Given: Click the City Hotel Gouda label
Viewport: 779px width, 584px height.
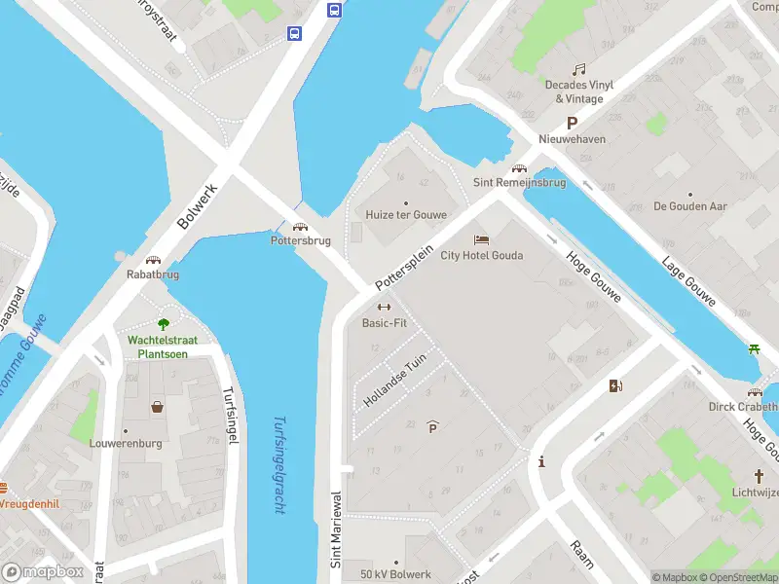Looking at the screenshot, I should coord(482,256).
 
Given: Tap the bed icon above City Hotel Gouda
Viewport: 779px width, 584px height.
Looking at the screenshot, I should coord(480,239).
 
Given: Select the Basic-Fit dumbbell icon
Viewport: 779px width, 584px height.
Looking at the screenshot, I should coord(384,308).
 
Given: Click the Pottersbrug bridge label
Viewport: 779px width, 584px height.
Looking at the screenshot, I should coord(301,240).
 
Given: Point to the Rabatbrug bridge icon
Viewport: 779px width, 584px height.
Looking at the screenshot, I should coord(153,261).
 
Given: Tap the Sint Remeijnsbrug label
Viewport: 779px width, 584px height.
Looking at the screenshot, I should coord(519,183).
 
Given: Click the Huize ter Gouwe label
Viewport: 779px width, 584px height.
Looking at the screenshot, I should coord(406,215).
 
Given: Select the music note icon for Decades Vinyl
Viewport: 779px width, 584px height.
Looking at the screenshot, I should coord(579,69).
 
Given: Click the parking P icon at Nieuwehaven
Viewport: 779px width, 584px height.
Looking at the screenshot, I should coord(573,124).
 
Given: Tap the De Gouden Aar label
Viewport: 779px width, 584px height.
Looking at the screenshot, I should coord(690,206).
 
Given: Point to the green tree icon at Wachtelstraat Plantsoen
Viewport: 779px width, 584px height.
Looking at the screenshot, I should coord(164,324).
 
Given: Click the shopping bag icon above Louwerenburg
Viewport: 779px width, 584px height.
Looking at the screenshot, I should coord(157,407).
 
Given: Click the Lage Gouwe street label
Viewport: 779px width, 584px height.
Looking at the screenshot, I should coord(688,281).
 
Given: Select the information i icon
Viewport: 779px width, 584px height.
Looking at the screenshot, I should coord(541,462).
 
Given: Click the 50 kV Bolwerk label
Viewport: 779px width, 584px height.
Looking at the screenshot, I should coord(394,574).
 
